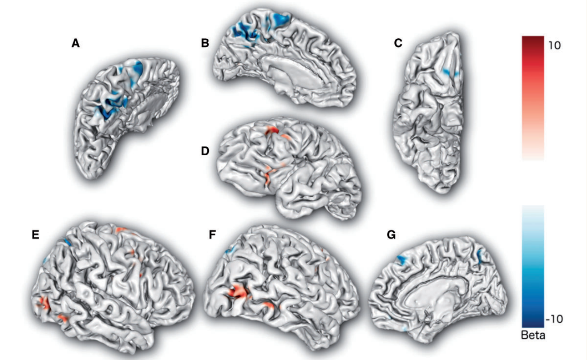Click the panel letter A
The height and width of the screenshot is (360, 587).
point(76,43)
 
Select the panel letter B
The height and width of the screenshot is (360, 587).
point(205,43)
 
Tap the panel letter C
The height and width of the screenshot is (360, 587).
point(398,43)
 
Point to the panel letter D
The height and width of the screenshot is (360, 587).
point(205,151)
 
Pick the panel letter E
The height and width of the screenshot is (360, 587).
point(36,235)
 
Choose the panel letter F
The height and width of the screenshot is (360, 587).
point(212,235)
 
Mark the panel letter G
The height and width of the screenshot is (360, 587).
point(391,235)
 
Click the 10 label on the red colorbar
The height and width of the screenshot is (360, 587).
point(555,45)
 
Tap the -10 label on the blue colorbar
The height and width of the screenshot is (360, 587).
point(554,319)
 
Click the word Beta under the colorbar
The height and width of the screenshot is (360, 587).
point(533,336)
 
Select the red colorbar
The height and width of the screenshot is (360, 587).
point(533,98)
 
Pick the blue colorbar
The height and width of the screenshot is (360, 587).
point(533,266)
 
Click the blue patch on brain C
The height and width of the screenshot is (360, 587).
point(450,73)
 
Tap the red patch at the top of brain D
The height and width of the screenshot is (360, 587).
point(272,130)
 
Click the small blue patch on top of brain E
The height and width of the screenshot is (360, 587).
point(67,242)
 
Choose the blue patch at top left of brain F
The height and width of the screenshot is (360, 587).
point(230,250)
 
